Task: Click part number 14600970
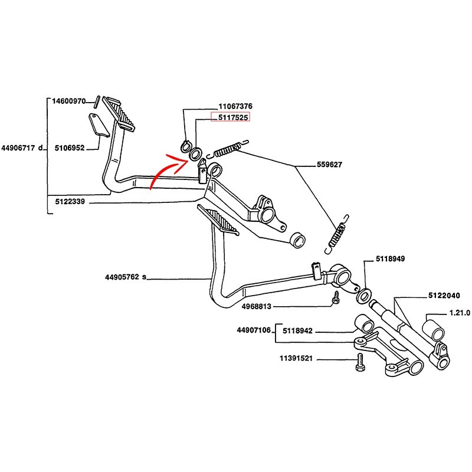pos(70,101)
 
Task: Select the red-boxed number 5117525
pos(231,117)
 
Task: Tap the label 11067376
pos(235,106)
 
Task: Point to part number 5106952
pos(70,147)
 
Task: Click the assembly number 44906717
pos(21,147)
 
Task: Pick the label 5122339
pos(70,201)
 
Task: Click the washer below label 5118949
pos(363,293)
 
